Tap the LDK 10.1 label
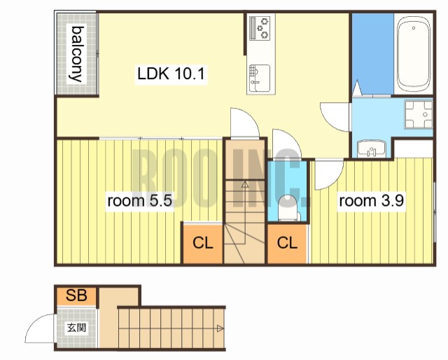[171, 74]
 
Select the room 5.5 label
[140, 201]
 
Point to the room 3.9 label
[371, 200]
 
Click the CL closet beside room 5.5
[202, 243]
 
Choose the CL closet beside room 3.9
[287, 243]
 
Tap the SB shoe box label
[76, 295]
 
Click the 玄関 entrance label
[76, 327]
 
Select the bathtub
[414, 54]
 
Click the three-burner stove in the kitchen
[260, 28]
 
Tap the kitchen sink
[260, 78]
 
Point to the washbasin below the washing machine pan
[371, 148]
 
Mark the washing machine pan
[419, 114]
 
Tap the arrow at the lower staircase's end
[220, 328]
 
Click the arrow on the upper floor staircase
[245, 184]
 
